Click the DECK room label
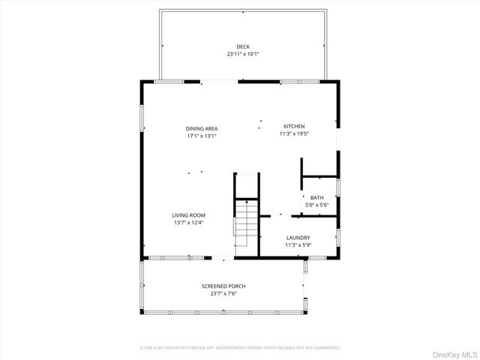coord(242,46)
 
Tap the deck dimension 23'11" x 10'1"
coord(242,54)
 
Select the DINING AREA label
coord(202,129)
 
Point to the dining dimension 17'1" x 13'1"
coord(202,136)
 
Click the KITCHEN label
coord(294,126)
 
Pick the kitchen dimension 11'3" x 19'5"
coord(294,133)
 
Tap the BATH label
coord(317,198)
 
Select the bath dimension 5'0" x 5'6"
coord(317,205)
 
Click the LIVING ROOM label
coord(189,215)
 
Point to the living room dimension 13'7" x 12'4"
coord(189,222)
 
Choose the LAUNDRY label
coord(298,238)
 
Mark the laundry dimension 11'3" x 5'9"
coord(298,244)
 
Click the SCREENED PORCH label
coord(223,286)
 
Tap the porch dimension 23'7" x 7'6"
coord(223,293)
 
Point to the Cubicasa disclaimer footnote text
coord(240,348)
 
